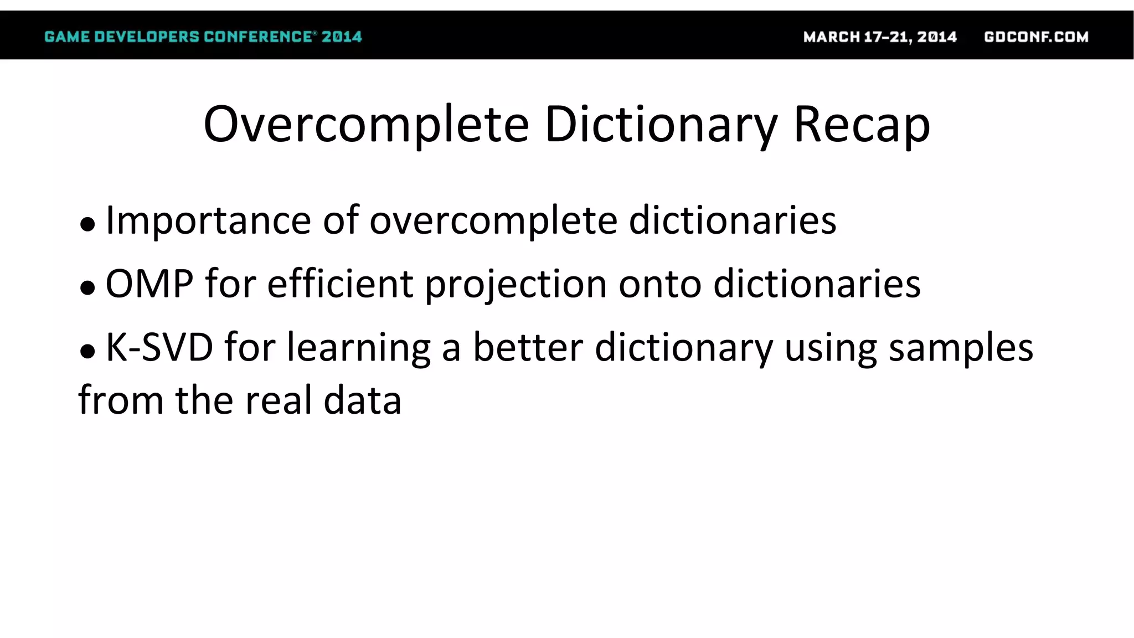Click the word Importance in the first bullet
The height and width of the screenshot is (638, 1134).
pos(208,220)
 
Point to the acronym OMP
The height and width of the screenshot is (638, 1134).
pos(149,284)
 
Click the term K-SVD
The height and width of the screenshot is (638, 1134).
pos(159,347)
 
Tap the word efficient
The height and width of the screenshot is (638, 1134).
pos(340,284)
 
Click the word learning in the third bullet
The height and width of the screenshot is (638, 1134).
pos(358,348)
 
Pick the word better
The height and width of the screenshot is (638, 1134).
pos(528,347)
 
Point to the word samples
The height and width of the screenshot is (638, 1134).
pos(961,348)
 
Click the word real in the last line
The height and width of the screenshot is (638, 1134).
pos(279,400)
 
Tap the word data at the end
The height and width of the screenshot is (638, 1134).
pos(362,400)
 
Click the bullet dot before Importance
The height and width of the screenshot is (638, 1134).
pos(87,224)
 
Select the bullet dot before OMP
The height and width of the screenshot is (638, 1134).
pos(87,288)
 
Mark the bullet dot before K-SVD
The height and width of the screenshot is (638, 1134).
pos(87,352)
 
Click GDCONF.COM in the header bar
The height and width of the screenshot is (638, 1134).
pos(1036,37)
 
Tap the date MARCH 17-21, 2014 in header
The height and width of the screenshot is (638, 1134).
pos(880,37)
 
